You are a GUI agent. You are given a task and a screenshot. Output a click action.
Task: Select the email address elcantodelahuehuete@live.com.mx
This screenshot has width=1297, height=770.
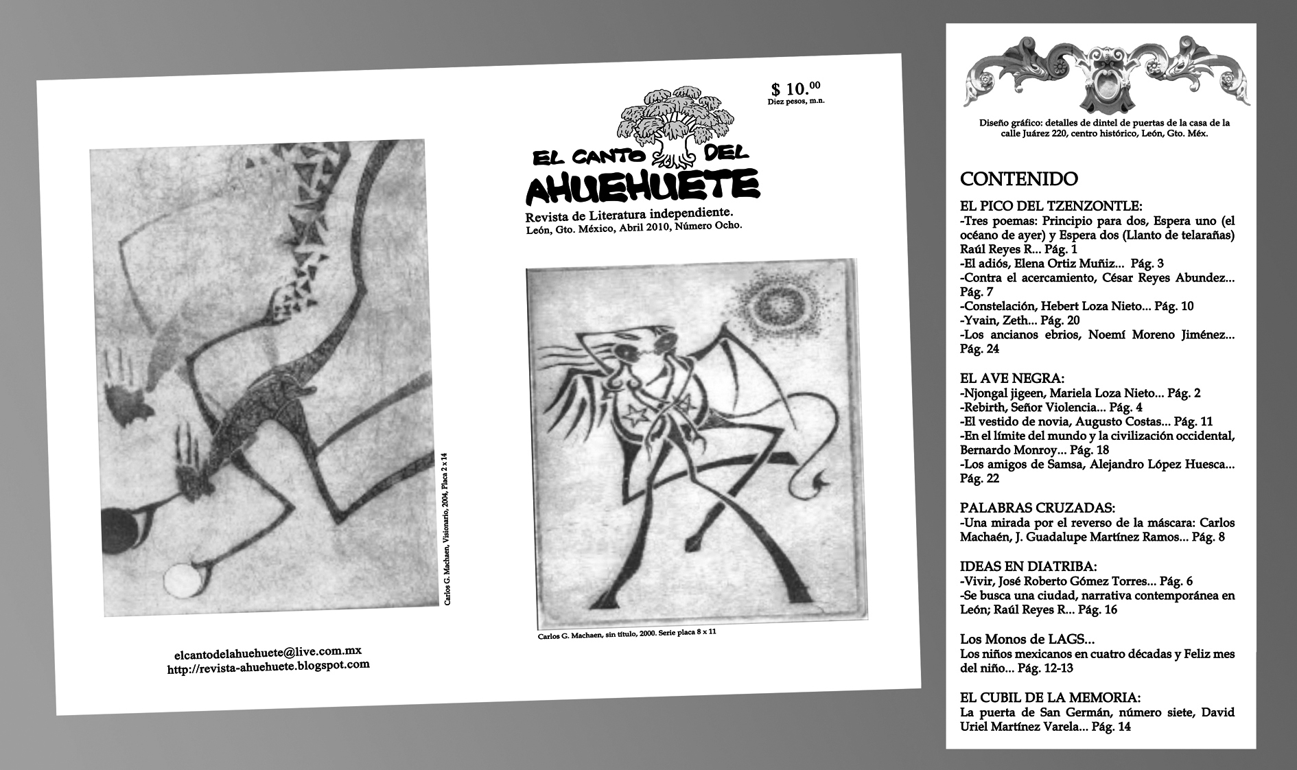(x=268, y=651)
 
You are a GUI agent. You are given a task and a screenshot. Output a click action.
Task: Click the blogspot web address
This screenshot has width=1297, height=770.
(x=268, y=666)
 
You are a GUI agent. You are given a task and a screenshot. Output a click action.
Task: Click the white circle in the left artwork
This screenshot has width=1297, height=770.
(x=180, y=578)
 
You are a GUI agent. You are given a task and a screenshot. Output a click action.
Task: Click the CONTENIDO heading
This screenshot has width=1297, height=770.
(x=1018, y=179)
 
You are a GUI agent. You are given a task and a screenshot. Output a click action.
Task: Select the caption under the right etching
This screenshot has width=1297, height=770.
(x=627, y=634)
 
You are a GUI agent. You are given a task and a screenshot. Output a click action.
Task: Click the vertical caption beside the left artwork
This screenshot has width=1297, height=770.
(x=445, y=528)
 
